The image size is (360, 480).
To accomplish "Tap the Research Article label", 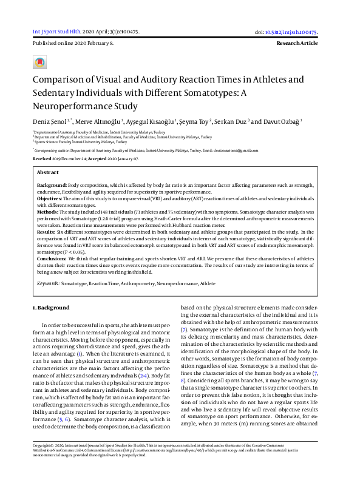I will click(x=297, y=44).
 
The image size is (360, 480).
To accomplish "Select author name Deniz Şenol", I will click(x=49, y=121).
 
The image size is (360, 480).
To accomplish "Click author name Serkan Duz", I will click(x=233, y=121).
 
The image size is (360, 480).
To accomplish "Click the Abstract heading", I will click(x=48, y=172).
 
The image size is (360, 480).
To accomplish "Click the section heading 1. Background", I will click(x=51, y=308).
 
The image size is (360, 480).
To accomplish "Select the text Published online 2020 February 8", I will click(x=73, y=44).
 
